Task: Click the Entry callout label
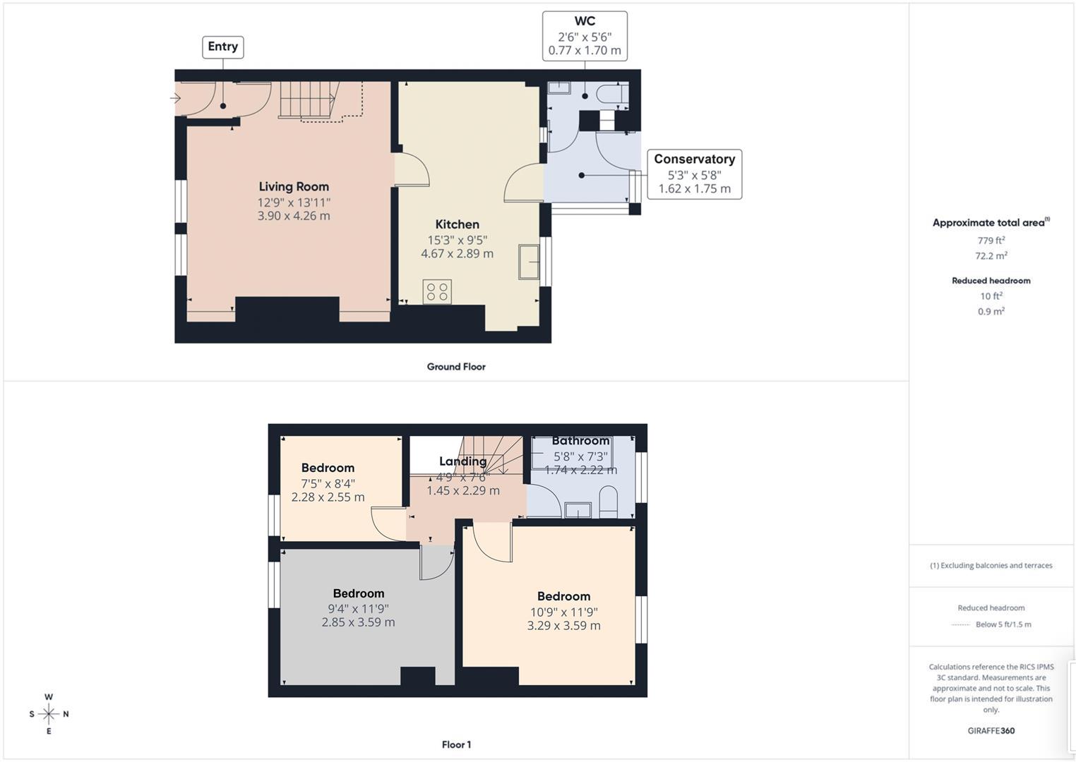tap(222, 47)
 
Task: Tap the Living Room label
tap(294, 187)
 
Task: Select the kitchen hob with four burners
tap(437, 291)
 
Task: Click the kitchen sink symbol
tap(529, 262)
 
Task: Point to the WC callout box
tap(585, 36)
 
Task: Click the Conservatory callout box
tap(694, 174)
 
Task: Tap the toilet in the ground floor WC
tap(611, 93)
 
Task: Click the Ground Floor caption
tap(456, 367)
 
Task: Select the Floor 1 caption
tap(456, 744)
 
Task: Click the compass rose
tap(49, 714)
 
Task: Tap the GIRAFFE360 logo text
tap(991, 731)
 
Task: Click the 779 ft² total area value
tap(991, 241)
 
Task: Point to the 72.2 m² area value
tap(991, 256)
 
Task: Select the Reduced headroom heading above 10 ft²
tap(991, 281)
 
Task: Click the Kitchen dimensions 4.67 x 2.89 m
tap(457, 254)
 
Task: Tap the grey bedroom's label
tap(359, 594)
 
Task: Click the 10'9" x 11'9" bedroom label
tap(563, 612)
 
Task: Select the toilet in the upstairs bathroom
tap(608, 503)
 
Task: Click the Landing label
tap(462, 461)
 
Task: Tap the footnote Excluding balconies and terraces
tap(991, 566)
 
